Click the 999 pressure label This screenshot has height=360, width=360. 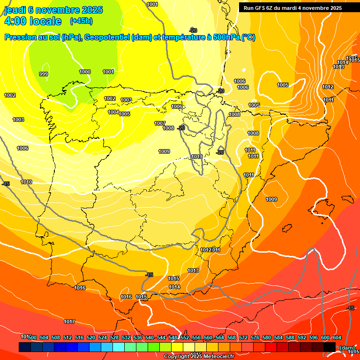[x=44, y=75]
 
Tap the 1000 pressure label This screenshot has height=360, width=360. [x=85, y=72]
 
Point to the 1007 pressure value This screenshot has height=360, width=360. [x=160, y=123]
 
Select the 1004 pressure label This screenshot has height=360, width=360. [x=113, y=112]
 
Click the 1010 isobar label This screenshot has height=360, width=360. [x=26, y=182]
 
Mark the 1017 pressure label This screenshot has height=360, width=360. [x=69, y=322]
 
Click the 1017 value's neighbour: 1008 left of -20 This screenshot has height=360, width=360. [x=169, y=128]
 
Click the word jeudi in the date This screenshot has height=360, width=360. [x=14, y=10]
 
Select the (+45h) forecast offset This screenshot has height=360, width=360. [x=81, y=21]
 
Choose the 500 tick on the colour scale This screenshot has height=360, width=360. [x=32, y=338]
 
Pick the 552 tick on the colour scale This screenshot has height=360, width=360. [x=185, y=338]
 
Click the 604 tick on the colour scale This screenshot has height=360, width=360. [x=337, y=338]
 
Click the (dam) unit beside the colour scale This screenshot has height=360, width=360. [x=347, y=347]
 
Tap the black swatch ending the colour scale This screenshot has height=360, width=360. [x=329, y=347]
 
